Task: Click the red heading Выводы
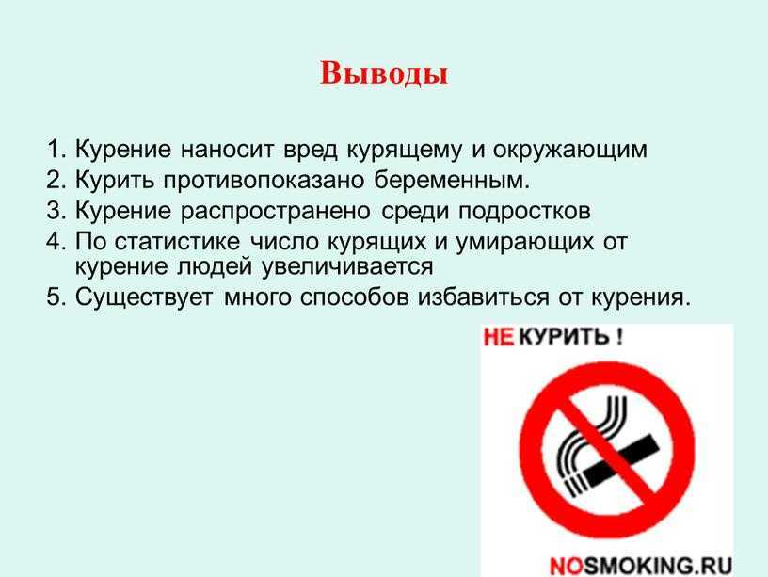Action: [x=384, y=73]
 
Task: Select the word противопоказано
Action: [x=264, y=180]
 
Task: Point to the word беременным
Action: [x=452, y=180]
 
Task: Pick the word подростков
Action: [x=524, y=212]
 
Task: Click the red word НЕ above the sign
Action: [x=499, y=338]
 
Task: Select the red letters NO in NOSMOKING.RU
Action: [x=568, y=567]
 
